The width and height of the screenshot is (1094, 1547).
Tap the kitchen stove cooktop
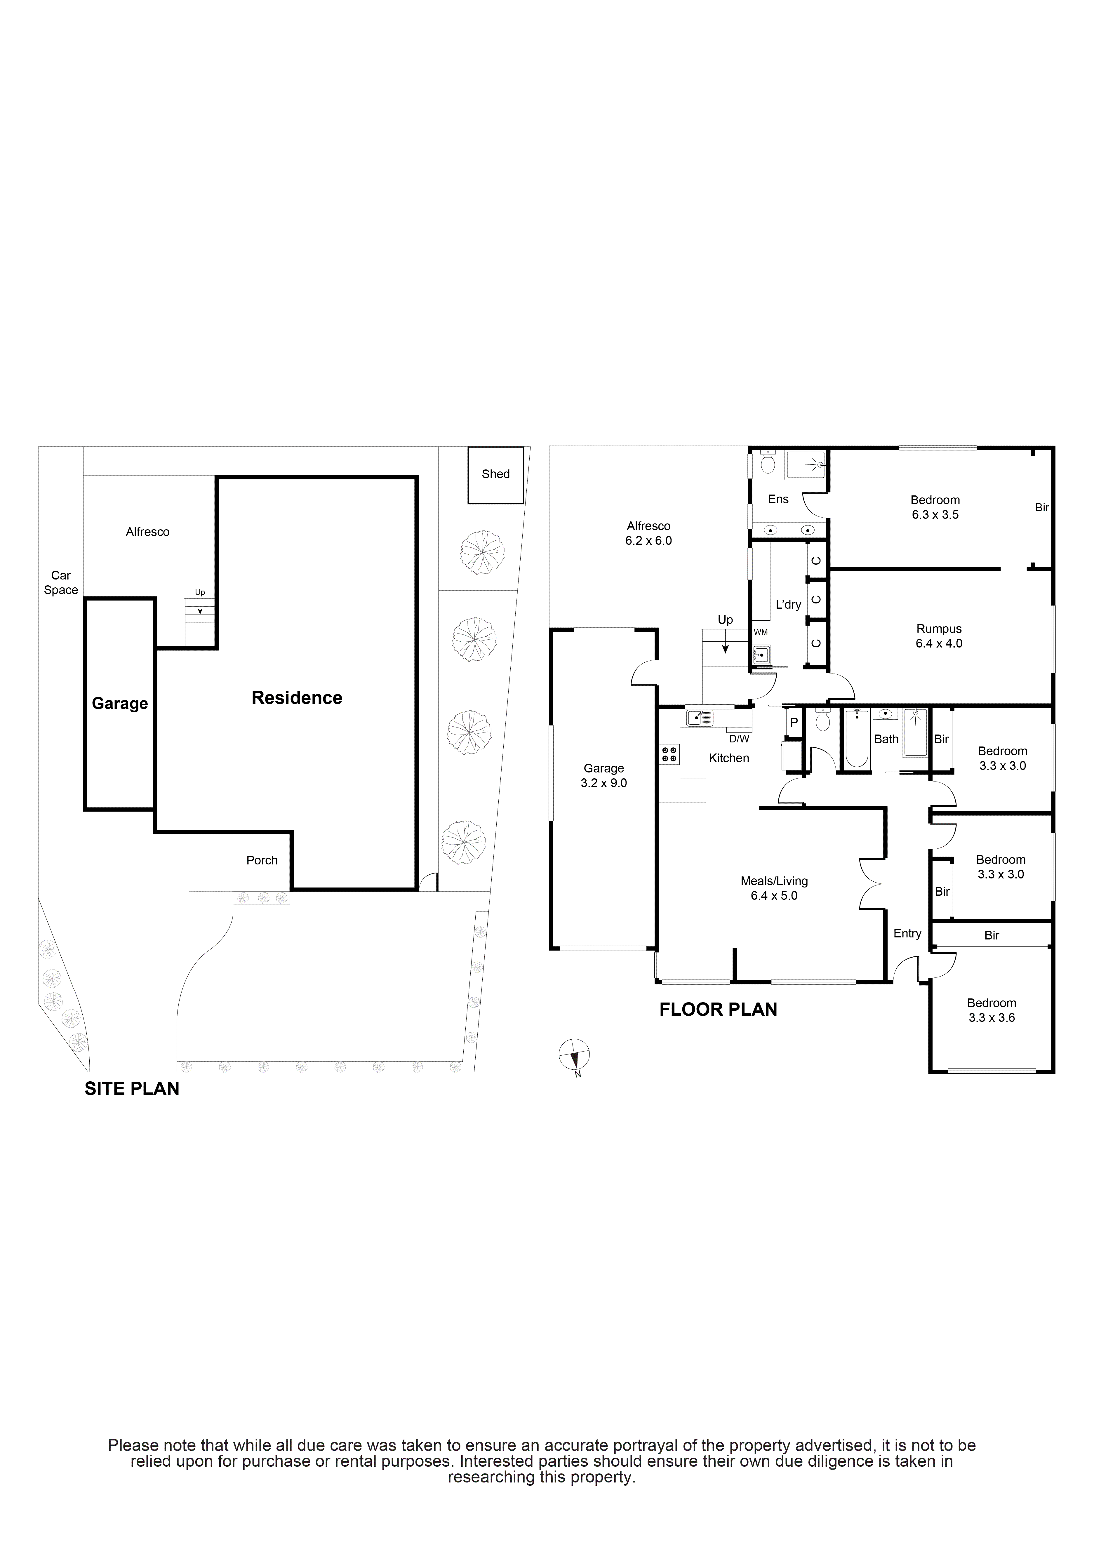[x=669, y=754]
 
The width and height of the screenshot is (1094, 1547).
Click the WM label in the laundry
[x=761, y=632]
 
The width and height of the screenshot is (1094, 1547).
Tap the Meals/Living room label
[x=774, y=880]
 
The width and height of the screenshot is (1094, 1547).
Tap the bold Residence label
[x=297, y=697]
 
